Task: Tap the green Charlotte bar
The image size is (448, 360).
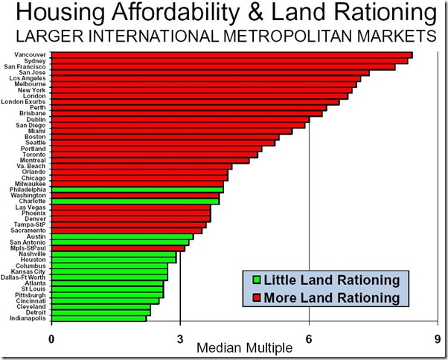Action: (x=135, y=202)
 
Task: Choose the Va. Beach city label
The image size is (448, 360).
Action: (x=32, y=166)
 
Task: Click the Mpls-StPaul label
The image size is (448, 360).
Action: (x=30, y=248)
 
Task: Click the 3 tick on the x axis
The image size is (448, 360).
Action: (x=180, y=339)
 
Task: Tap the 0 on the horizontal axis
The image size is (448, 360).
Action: (x=51, y=339)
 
